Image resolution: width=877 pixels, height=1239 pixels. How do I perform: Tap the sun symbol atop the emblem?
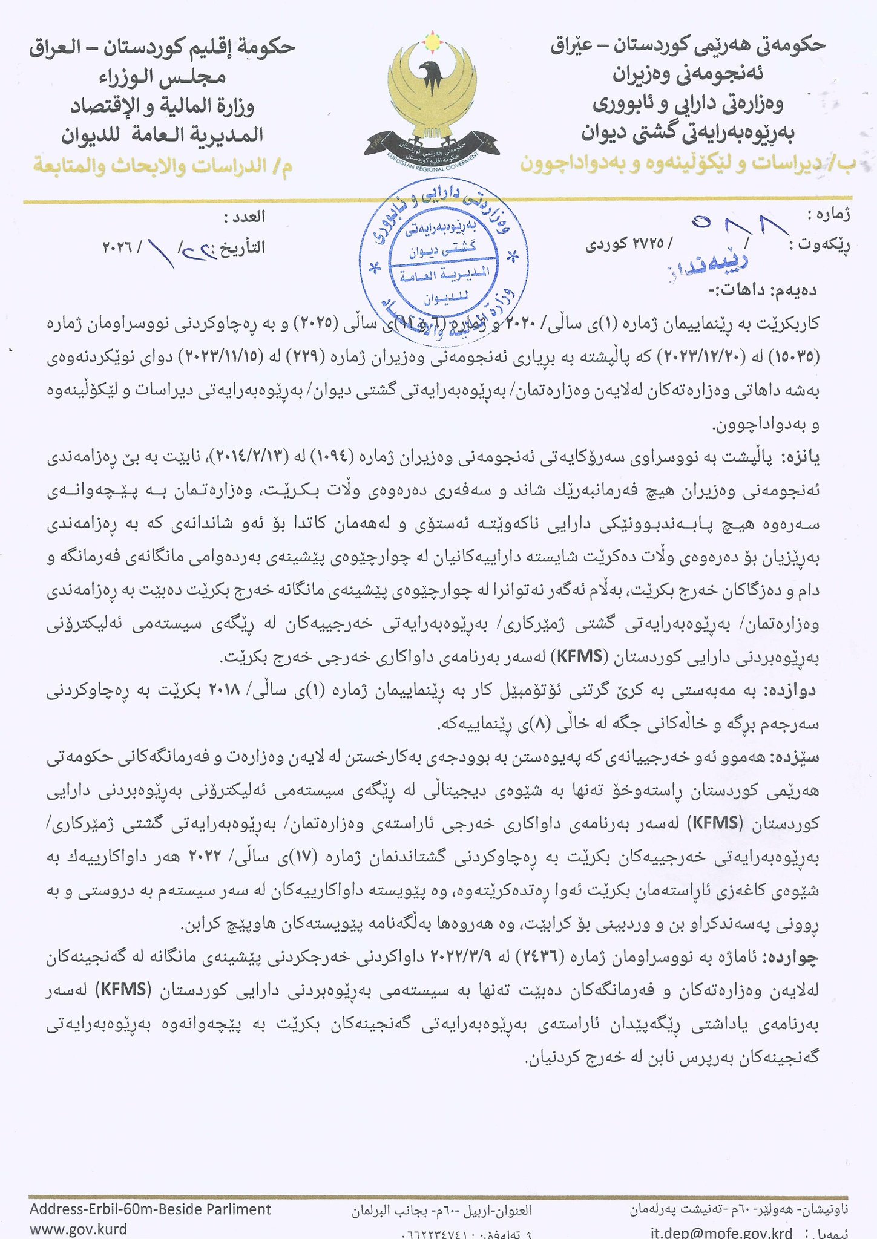click(x=432, y=42)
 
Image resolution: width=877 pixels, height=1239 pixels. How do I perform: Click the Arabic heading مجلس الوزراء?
click(x=162, y=77)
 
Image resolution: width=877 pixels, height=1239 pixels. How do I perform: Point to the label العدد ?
click(x=245, y=216)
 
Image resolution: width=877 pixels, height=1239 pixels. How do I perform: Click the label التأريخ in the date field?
click(x=242, y=247)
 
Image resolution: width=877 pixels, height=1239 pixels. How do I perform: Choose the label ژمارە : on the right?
click(x=829, y=214)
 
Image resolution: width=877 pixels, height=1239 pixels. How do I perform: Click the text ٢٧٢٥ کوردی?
click(x=623, y=245)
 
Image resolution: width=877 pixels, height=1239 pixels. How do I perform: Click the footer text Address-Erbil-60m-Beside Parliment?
click(x=150, y=1209)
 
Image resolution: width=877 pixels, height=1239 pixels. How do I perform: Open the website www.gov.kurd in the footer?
click(x=78, y=1229)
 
